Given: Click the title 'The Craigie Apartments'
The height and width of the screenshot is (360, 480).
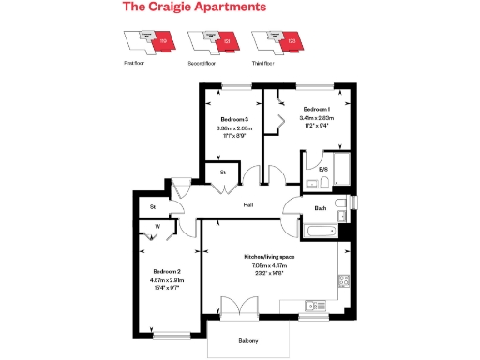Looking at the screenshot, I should coord(195,7).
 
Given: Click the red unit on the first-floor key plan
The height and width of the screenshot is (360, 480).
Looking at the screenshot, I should coord(163,42).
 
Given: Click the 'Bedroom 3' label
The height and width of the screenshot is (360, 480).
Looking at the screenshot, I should coord(234,120).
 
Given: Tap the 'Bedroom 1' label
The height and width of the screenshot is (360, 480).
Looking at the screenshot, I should coord(316,110).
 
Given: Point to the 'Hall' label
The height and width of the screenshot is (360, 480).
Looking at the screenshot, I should coord(248,203).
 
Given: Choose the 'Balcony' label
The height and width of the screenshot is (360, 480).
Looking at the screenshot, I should coord(248,340).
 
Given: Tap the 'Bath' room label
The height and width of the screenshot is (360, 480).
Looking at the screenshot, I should coord(320,208).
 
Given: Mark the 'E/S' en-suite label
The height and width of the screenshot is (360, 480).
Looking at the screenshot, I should coord(322,170).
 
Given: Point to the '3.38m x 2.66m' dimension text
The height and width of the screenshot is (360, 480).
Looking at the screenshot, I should coord(234,128).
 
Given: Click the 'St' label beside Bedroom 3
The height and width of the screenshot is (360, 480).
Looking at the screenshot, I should coord(223,173).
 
